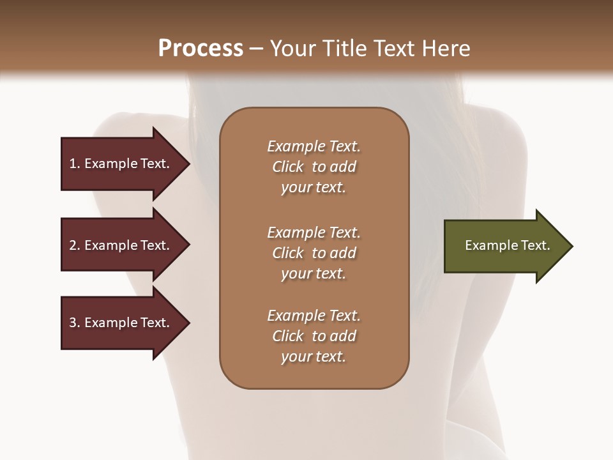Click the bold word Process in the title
[201, 49]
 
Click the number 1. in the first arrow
[75, 164]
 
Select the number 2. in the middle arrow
[75, 245]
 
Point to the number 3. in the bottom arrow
[75, 323]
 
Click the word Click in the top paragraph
[288, 167]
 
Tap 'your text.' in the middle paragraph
[314, 273]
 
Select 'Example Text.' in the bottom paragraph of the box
[314, 316]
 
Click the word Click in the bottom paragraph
[288, 336]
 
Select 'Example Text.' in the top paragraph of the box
[314, 146]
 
